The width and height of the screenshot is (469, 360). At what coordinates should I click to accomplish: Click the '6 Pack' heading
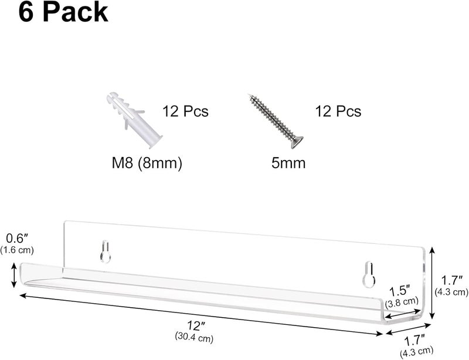point(63,12)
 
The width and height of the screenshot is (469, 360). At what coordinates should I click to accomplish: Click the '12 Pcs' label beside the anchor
point(185,111)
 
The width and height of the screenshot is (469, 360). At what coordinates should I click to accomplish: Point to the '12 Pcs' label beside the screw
point(338,111)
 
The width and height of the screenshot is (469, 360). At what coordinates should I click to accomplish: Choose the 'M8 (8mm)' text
point(147,164)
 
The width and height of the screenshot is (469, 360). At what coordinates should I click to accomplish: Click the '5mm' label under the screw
point(288,164)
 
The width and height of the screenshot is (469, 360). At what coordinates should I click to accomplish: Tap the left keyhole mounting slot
point(106,252)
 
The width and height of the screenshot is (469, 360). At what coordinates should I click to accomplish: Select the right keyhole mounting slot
point(369,274)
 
